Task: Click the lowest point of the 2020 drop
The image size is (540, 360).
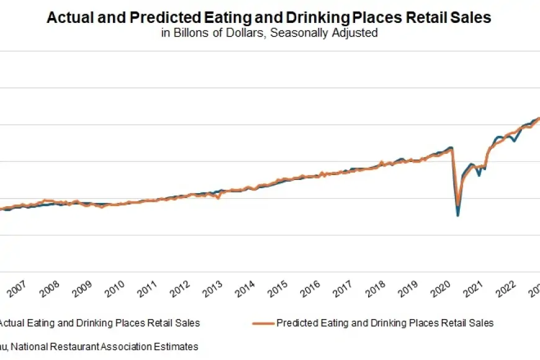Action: point(458,215)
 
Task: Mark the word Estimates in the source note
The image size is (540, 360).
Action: point(178,346)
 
